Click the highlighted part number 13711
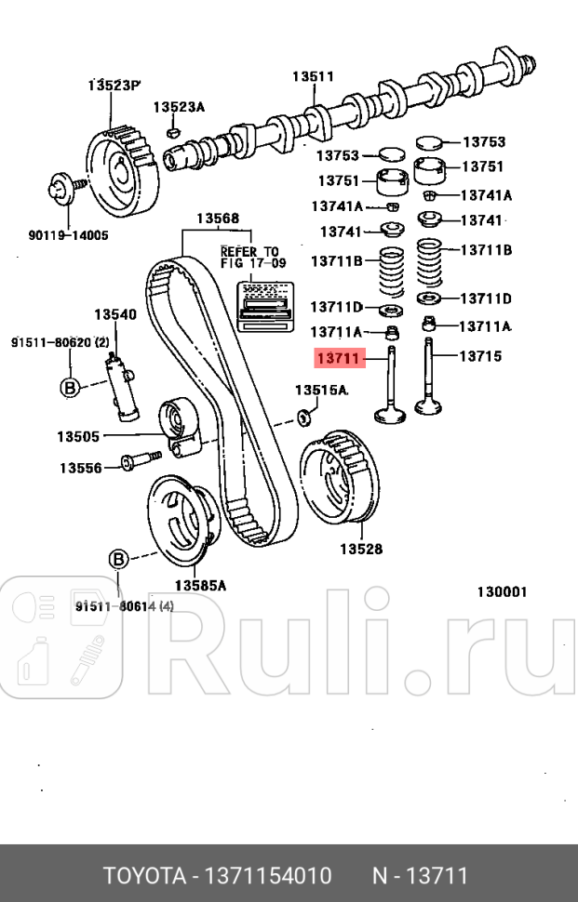coord(338,356)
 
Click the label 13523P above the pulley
coord(114,86)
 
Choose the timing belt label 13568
coord(217,219)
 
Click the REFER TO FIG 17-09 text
coord(249,258)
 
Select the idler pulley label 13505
coord(78,435)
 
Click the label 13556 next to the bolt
coord(81,468)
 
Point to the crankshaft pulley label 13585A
coord(200,585)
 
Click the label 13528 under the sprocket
coord(360,549)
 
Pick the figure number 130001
coord(503,591)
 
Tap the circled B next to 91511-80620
coord(70,388)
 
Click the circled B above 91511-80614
coord(119,559)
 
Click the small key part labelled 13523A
coord(171,131)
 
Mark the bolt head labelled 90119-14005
coord(58,192)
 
